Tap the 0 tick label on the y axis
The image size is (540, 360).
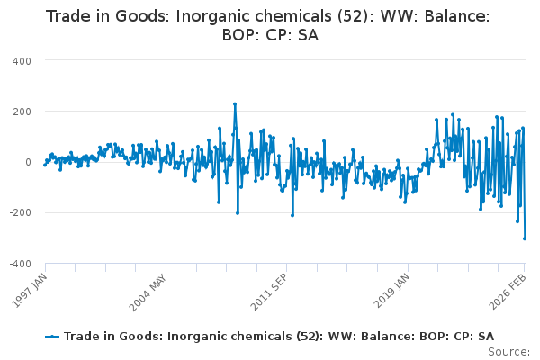[29, 162]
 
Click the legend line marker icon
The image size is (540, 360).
[53, 336]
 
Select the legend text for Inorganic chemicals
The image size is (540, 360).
[278, 336]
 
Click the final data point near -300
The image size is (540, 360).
[525, 238]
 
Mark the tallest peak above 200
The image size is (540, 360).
[235, 103]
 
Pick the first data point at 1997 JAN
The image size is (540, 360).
[45, 165]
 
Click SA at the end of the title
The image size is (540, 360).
[307, 36]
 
